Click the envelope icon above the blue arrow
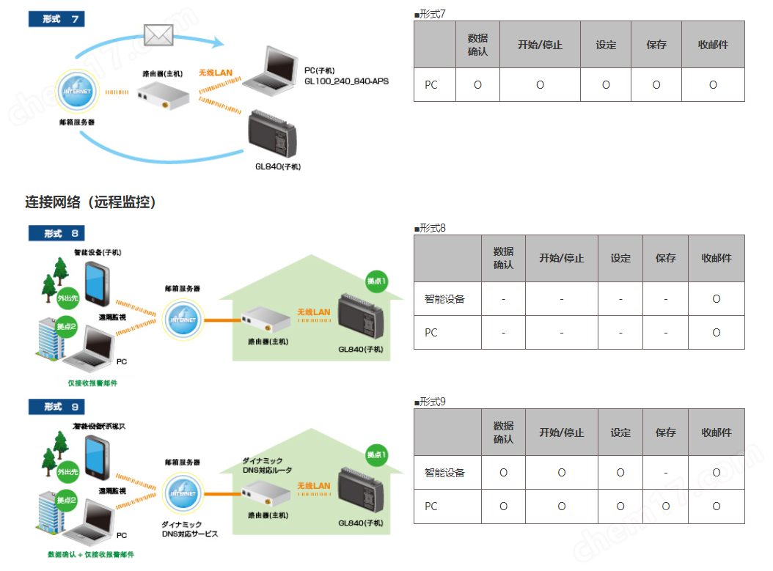click(158, 34)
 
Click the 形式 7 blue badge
click(56, 18)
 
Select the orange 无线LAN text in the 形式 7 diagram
click(216, 73)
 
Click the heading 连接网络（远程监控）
click(91, 202)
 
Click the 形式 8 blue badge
click(56, 233)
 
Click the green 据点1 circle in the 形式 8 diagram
click(376, 281)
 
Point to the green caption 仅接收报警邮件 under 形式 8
click(92, 383)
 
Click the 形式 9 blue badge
click(56, 406)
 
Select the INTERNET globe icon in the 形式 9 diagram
click(180, 493)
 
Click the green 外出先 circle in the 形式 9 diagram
click(67, 471)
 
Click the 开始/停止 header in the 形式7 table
click(540, 45)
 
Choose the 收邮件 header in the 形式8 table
click(717, 258)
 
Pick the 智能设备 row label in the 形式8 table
click(444, 299)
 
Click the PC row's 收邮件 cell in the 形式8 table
click(717, 333)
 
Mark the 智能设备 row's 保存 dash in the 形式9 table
click(665, 473)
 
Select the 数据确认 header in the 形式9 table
click(503, 432)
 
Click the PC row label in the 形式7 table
click(431, 85)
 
